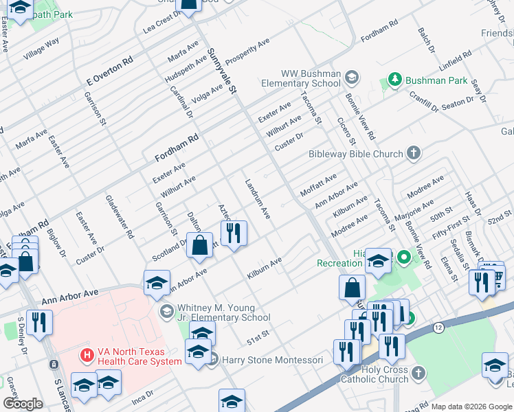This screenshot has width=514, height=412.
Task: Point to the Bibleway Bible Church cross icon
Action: pyautogui.click(x=414, y=153)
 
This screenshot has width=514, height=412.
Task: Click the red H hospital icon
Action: pyautogui.click(x=87, y=355)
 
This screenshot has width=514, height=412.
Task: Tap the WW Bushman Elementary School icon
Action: pyautogui.click(x=353, y=76)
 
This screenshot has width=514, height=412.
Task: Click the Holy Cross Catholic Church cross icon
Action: pyautogui.click(x=418, y=372)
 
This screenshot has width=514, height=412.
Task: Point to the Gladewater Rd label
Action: pyautogui.click(x=120, y=216)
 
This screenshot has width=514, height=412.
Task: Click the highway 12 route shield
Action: pyautogui.click(x=438, y=328)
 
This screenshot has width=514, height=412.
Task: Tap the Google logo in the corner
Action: pyautogui.click(x=23, y=404)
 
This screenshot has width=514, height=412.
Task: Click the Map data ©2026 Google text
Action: pyautogui.click(x=471, y=407)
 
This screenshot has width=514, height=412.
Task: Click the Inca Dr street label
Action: pyautogui.click(x=141, y=396)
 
